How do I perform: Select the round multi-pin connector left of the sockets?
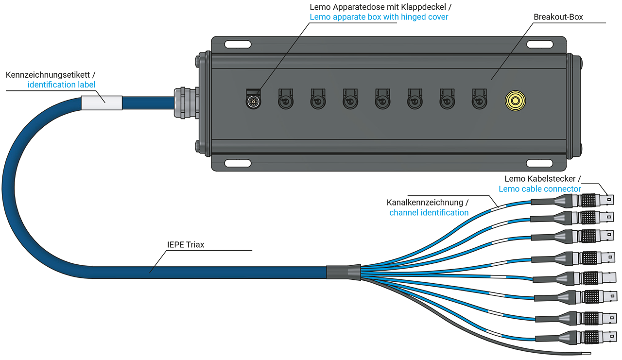252,101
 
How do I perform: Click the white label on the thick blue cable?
101,103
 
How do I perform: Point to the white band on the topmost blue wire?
499,207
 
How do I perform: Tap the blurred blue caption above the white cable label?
66,84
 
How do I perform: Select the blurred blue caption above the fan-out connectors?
535,189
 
